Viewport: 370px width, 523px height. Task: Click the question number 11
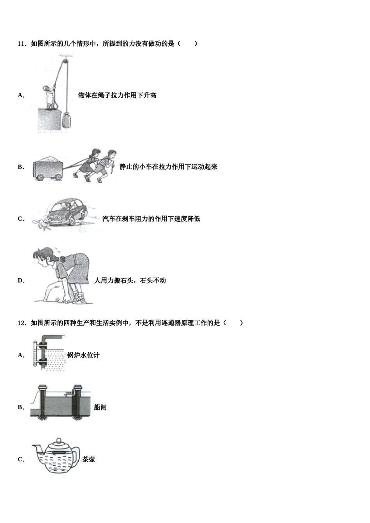pos(22,44)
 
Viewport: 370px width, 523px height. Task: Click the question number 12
pos(22,323)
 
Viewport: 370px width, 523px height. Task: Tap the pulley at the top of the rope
pos(63,61)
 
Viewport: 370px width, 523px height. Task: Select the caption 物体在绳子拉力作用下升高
pos(117,95)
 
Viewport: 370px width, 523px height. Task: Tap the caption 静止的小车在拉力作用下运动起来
pos(168,167)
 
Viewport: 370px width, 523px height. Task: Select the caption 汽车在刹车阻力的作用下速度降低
pos(151,219)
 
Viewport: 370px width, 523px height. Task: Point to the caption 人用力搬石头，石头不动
pos(130,281)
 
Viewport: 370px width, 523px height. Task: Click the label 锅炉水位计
pos(83,355)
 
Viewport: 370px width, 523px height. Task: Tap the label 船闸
pos(100,407)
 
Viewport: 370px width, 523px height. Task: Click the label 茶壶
pos(89,459)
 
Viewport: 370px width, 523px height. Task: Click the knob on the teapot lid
pos(59,441)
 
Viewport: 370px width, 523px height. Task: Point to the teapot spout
pos(37,450)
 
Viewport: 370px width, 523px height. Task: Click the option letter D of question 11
pos(21,281)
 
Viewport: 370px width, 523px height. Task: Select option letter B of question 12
pos(21,407)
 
